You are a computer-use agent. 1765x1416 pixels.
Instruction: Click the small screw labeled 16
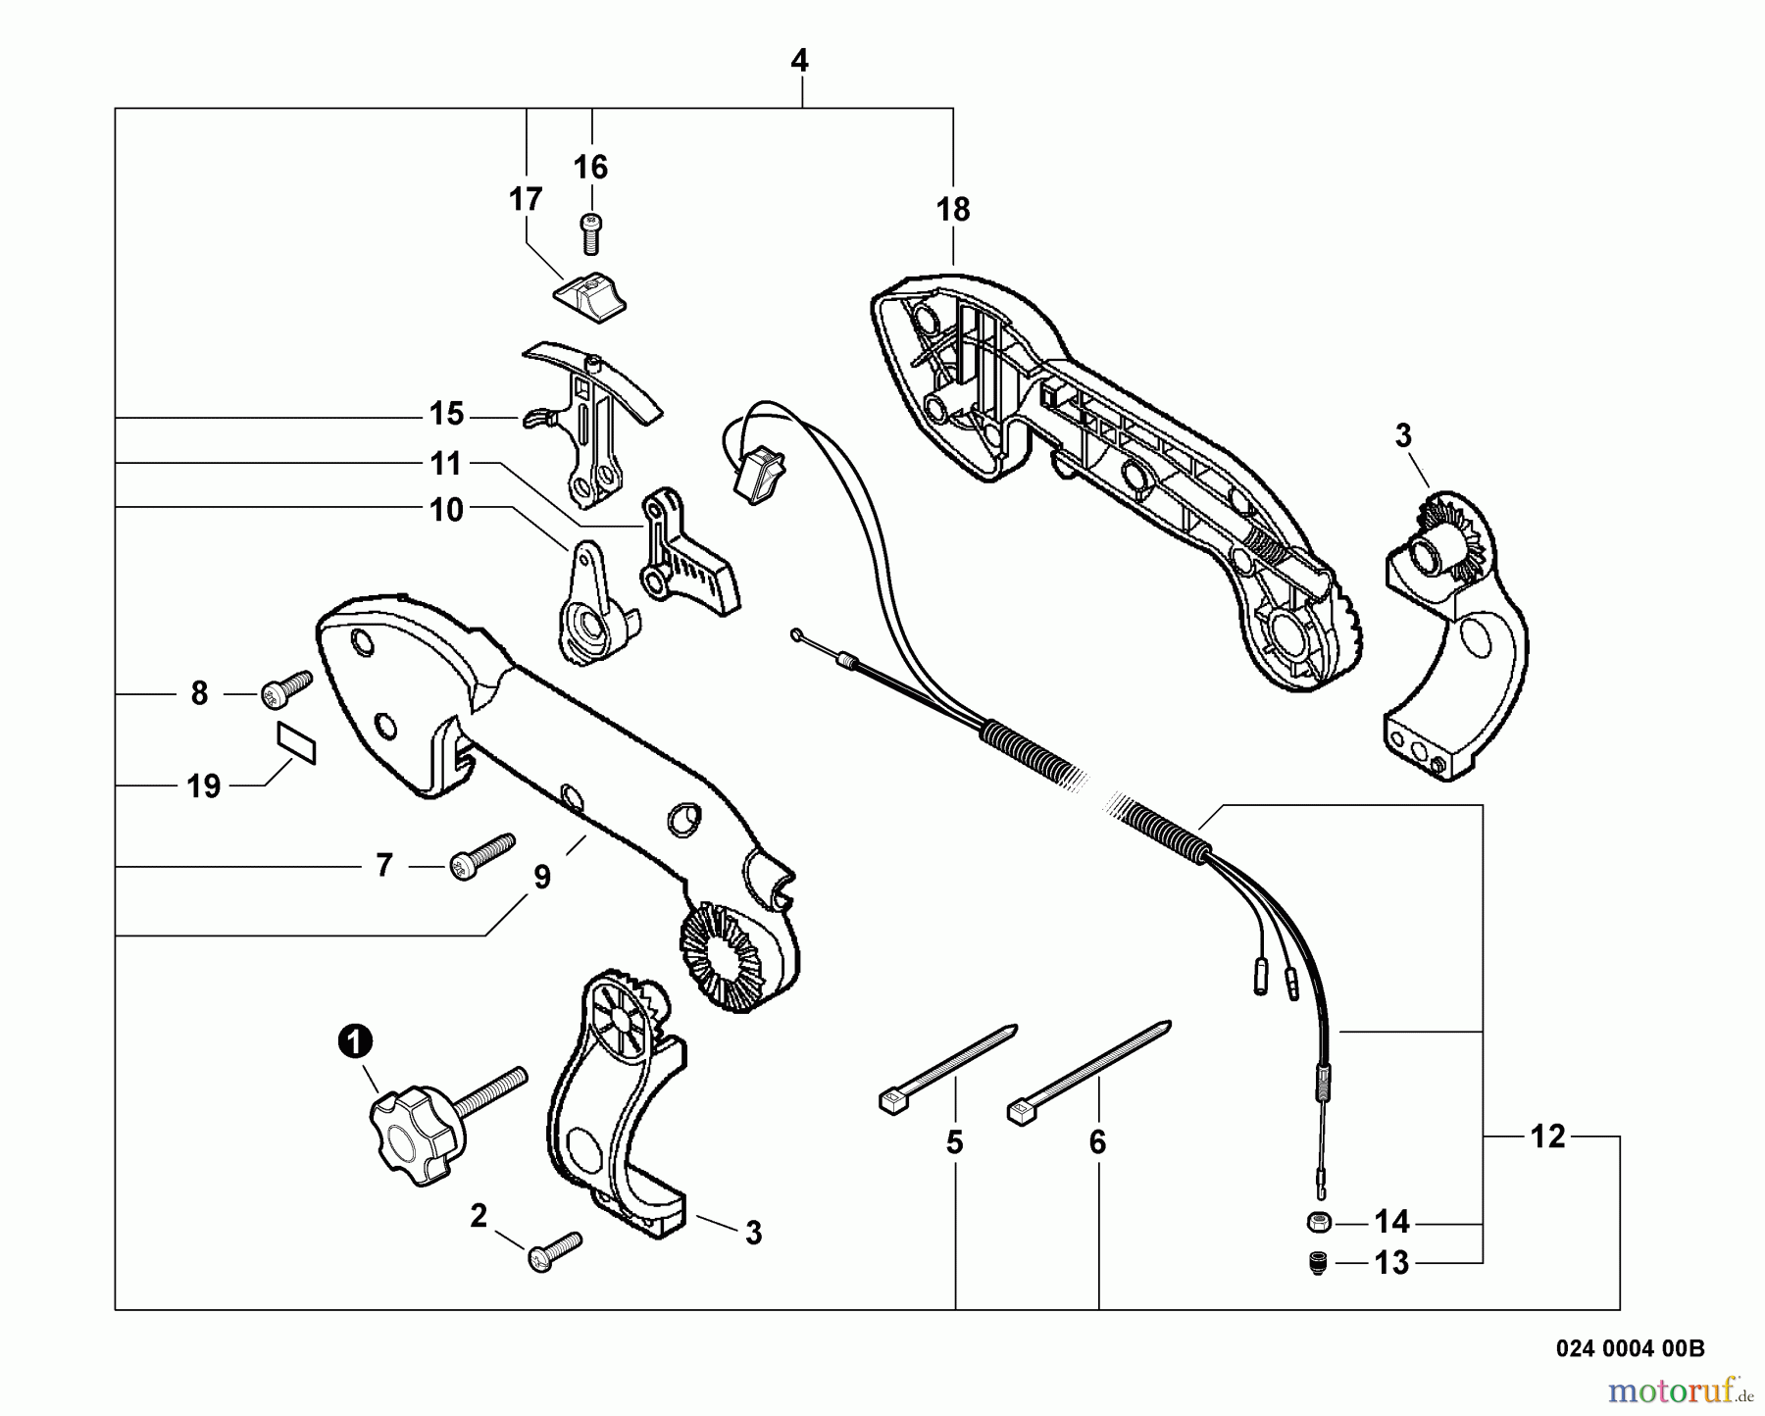click(590, 232)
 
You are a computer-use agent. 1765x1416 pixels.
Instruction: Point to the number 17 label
click(526, 199)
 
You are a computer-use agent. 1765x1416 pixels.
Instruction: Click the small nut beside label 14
click(1319, 1222)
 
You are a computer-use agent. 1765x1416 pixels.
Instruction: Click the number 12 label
click(1547, 1137)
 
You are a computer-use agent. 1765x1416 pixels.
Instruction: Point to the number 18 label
click(952, 210)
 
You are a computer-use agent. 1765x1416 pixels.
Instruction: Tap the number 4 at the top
click(799, 61)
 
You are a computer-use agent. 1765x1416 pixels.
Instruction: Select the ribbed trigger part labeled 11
click(686, 559)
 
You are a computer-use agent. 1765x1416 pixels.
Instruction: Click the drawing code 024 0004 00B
click(1630, 1348)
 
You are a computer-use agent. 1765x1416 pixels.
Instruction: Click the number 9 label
click(542, 878)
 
